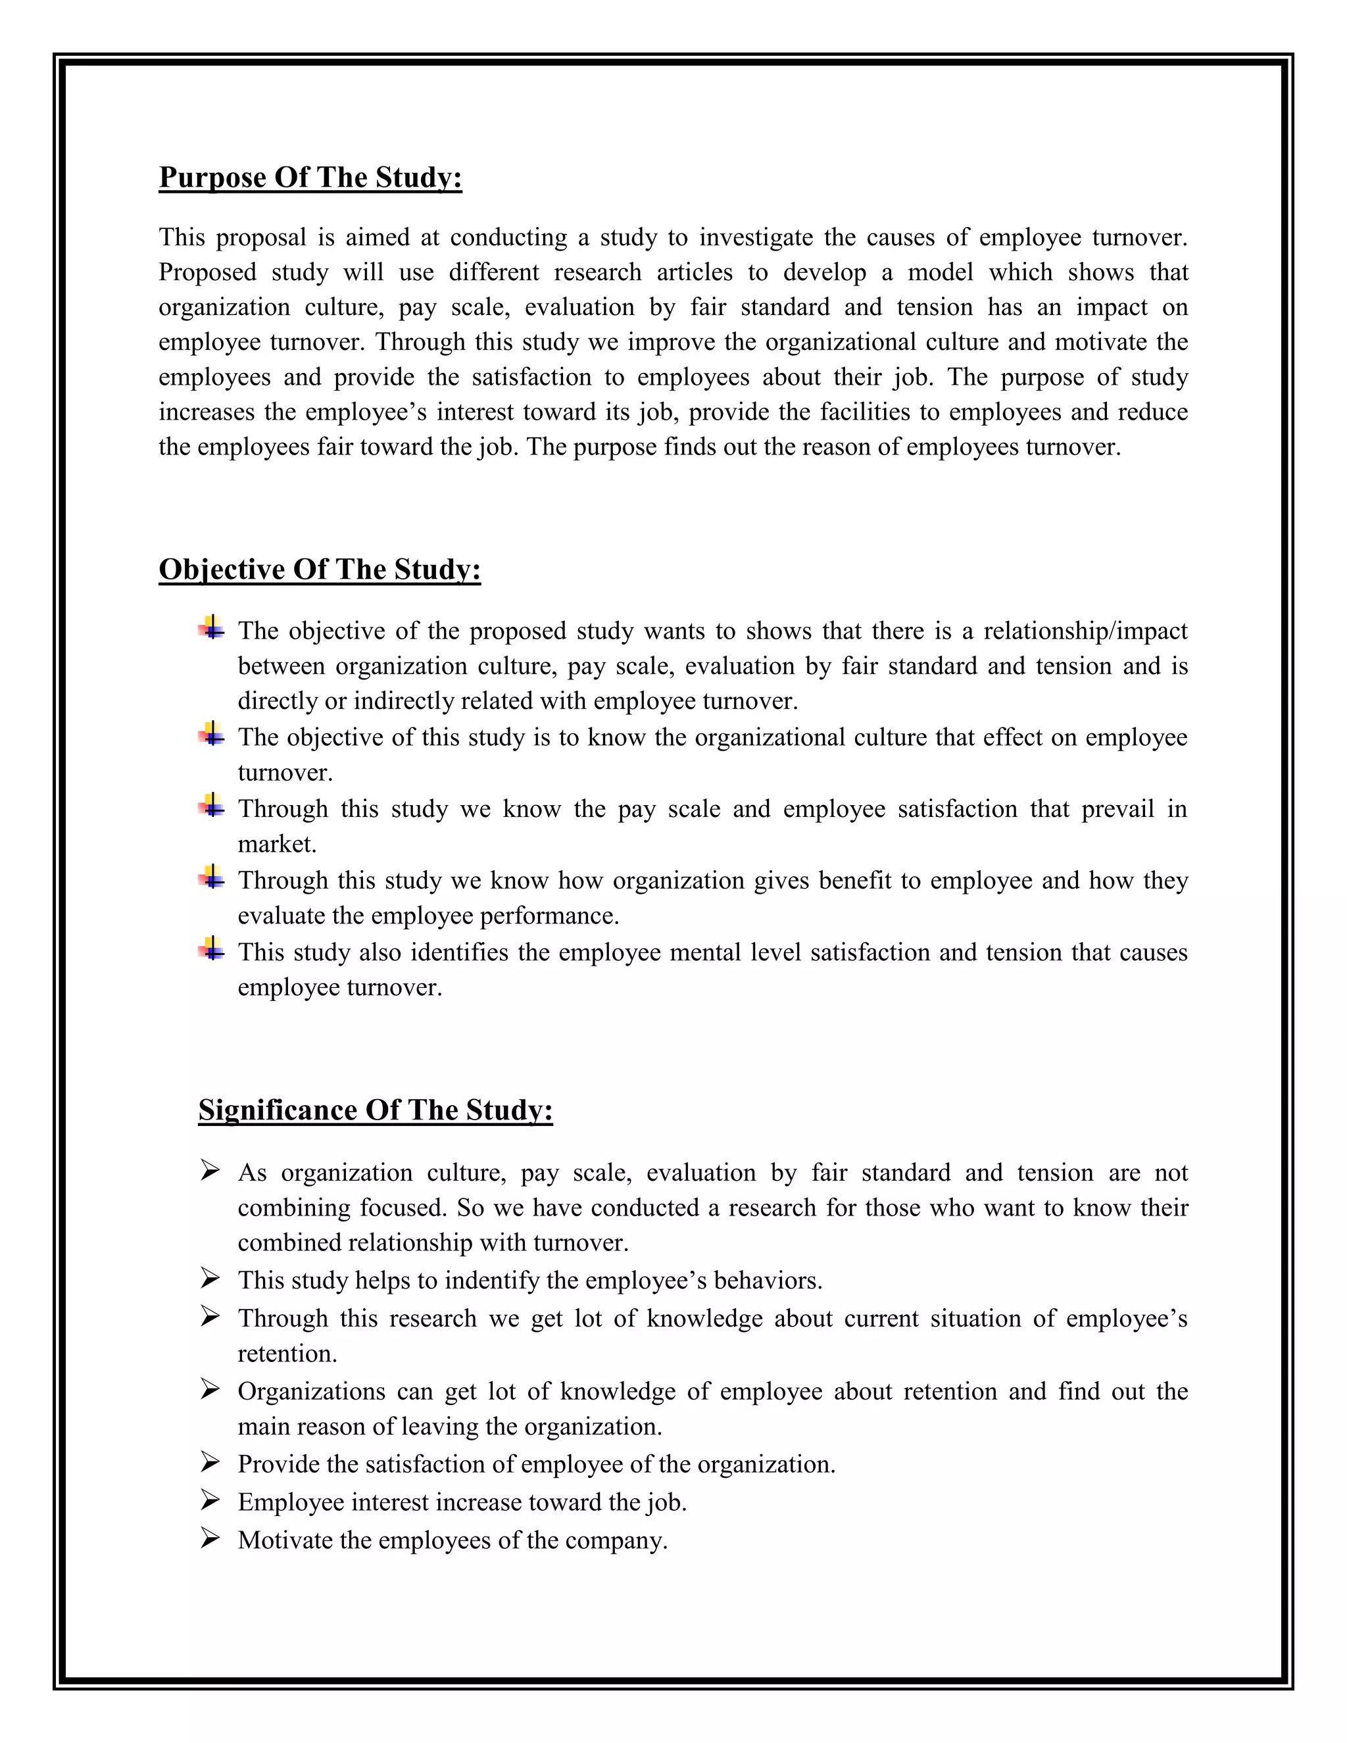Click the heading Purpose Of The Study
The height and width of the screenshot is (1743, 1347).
coord(310,177)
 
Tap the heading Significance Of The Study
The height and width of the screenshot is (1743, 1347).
coord(375,1110)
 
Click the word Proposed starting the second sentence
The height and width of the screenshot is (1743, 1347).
coord(207,273)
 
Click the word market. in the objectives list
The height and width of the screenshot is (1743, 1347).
coord(277,845)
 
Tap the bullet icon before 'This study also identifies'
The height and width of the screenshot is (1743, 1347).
coord(212,949)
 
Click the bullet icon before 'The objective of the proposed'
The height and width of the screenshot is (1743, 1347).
coord(212,628)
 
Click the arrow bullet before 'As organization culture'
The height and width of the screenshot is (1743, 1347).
coord(210,1171)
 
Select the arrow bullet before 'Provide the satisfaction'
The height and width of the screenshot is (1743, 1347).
coord(210,1462)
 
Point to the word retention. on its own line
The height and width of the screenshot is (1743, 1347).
coord(287,1354)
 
